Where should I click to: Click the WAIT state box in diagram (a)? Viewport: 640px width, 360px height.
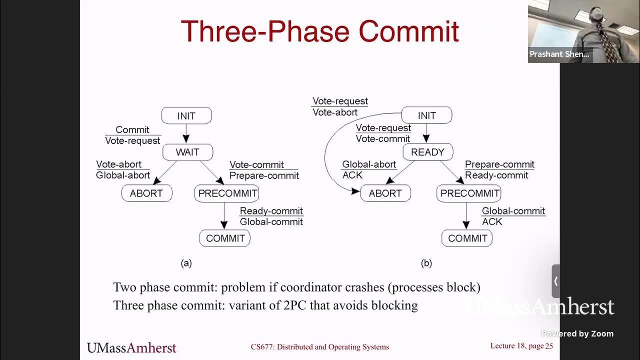(x=187, y=152)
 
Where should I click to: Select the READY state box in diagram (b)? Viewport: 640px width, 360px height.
(x=427, y=152)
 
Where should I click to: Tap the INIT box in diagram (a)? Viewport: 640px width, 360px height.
(x=186, y=115)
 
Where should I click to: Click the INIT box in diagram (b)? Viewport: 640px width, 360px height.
(x=426, y=115)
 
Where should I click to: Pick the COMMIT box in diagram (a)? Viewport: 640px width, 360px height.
(x=225, y=238)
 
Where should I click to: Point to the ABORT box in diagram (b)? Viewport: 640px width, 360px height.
(x=385, y=193)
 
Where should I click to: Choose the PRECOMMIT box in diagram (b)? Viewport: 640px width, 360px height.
(x=469, y=193)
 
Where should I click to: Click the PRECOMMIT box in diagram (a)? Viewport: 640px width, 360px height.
(x=227, y=193)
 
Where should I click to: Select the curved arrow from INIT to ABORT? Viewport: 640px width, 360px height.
(x=326, y=150)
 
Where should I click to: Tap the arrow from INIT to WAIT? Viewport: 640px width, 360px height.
(x=186, y=133)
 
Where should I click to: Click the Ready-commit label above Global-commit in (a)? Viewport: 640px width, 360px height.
(x=271, y=211)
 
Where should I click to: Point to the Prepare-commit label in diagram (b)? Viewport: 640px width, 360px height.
(x=499, y=164)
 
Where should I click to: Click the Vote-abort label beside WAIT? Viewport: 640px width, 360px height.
(x=118, y=164)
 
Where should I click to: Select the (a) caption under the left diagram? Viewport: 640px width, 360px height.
(x=186, y=263)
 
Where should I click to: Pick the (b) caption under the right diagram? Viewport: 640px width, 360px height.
(x=426, y=263)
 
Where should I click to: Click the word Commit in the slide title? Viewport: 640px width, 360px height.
(x=408, y=31)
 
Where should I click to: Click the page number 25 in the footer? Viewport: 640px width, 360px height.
(x=549, y=346)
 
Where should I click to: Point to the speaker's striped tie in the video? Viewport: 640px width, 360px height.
(x=606, y=40)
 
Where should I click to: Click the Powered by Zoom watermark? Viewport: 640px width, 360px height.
(x=577, y=333)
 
